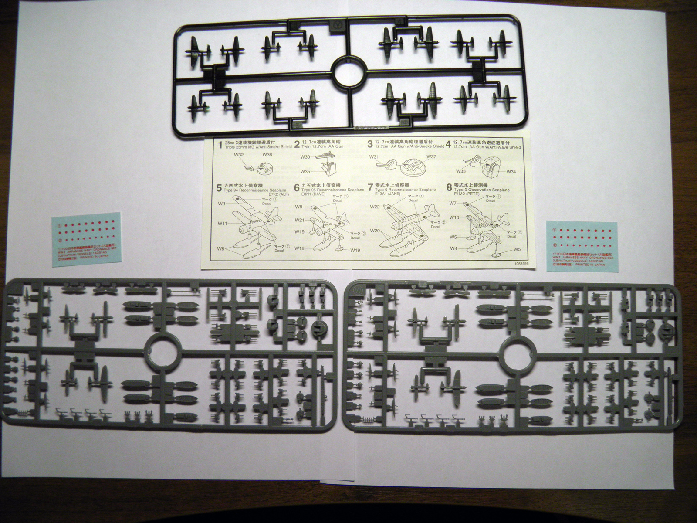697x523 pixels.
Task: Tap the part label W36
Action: [267, 154]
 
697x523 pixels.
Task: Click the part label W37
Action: [431, 156]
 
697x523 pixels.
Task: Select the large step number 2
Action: [297, 144]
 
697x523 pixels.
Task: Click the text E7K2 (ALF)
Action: [275, 195]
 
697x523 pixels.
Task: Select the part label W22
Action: [376, 207]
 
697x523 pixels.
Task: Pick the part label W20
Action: [376, 231]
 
